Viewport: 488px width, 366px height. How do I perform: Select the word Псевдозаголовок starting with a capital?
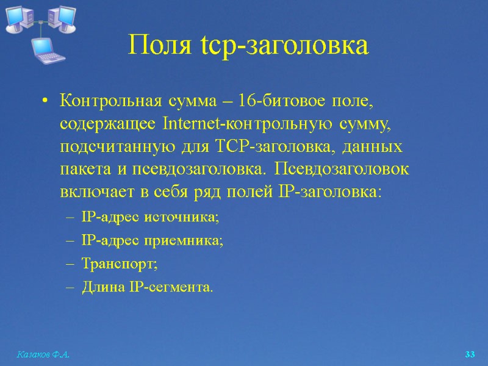pos(344,168)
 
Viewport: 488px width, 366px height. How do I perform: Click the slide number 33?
pos(470,354)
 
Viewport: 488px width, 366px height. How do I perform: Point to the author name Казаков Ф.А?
pos(43,354)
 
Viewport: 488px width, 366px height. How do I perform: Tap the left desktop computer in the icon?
pos(19,18)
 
